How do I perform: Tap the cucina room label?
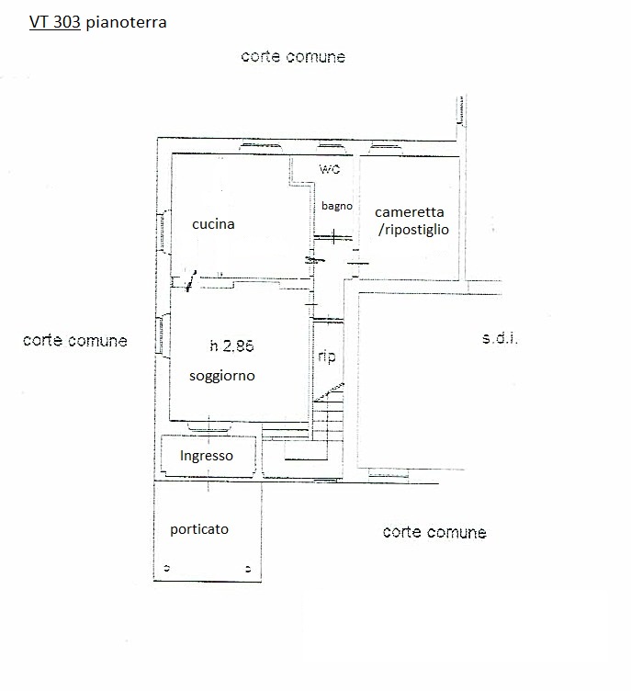pos(213,223)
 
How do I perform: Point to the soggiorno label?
pos(221,376)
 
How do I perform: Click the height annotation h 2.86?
pos(231,346)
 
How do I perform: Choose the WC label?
pos(329,171)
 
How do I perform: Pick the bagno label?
pos(336,206)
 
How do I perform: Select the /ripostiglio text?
pos(413,230)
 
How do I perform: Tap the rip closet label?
pos(326,357)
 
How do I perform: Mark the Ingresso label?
pos(206,455)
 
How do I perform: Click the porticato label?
pos(199,529)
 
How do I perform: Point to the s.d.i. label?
pos(500,339)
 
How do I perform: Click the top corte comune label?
pos(293,57)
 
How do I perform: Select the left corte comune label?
pos(74,341)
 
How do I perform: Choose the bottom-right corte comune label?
pos(434,532)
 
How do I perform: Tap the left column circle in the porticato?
pos(166,567)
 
